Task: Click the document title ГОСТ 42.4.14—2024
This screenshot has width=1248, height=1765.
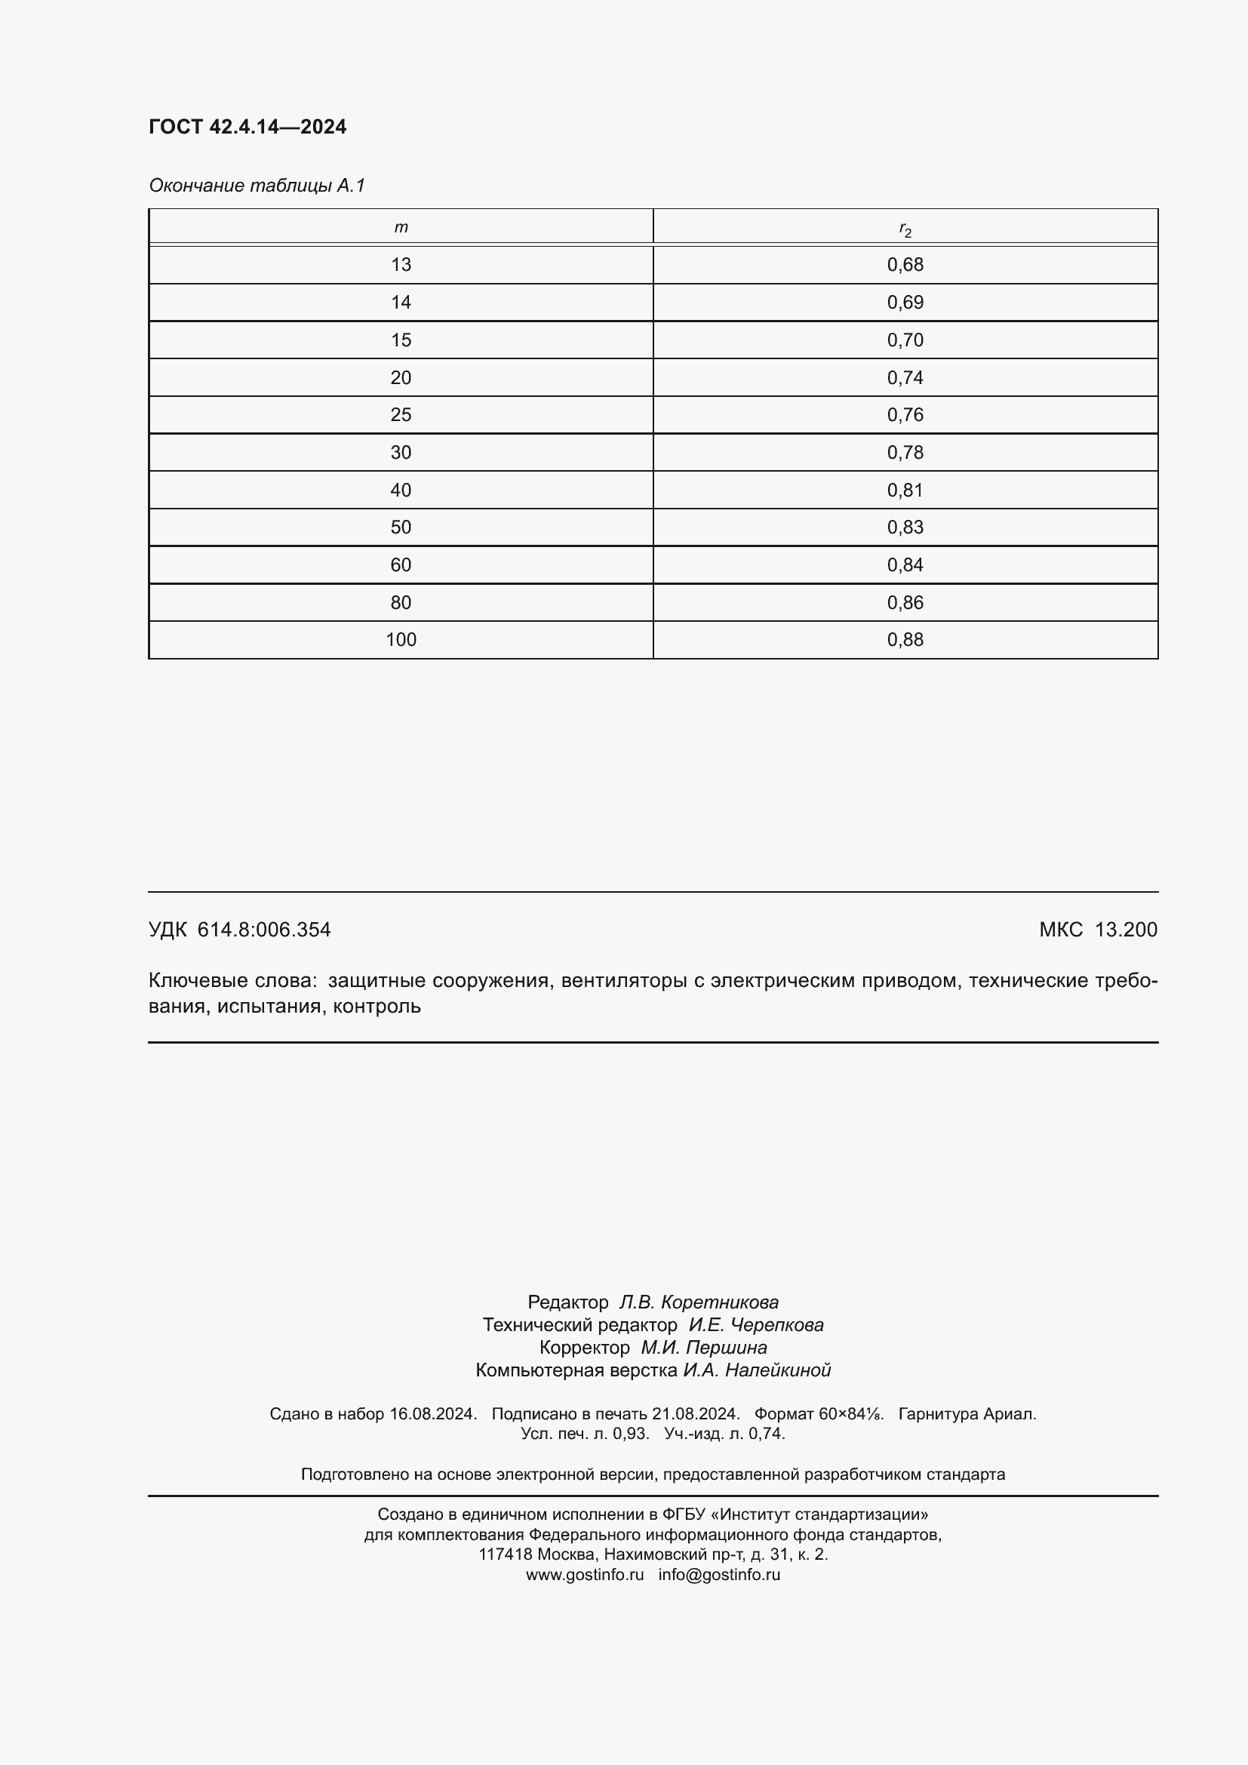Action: pyautogui.click(x=247, y=127)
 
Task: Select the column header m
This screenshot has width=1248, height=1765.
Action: pyautogui.click(x=401, y=228)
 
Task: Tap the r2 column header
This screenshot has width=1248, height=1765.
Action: pyautogui.click(x=905, y=229)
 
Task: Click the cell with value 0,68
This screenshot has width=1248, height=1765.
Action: pyautogui.click(x=905, y=264)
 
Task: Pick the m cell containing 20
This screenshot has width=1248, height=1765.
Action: pyautogui.click(x=401, y=377)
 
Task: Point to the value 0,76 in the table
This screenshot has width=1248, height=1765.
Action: pyautogui.click(x=905, y=415)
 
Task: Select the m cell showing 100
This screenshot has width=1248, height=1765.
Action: pyautogui.click(x=401, y=640)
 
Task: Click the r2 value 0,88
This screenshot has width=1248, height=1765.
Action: pyautogui.click(x=905, y=640)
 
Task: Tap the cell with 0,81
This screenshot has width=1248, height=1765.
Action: pyautogui.click(x=905, y=490)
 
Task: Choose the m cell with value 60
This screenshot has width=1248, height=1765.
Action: pyautogui.click(x=401, y=565)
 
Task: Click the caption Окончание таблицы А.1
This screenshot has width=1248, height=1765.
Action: pyautogui.click(x=257, y=186)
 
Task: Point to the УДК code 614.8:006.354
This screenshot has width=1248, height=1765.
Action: pyautogui.click(x=263, y=930)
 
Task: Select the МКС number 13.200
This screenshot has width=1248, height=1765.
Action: pyautogui.click(x=1125, y=930)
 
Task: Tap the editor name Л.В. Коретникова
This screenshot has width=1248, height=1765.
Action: pyautogui.click(x=699, y=1302)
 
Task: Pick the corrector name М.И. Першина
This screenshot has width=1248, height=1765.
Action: pyautogui.click(x=703, y=1348)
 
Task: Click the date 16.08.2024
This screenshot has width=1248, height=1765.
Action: pyautogui.click(x=432, y=1413)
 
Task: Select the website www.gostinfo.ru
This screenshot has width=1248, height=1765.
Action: pyautogui.click(x=584, y=1574)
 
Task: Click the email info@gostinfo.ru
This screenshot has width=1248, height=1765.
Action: pyautogui.click(x=718, y=1574)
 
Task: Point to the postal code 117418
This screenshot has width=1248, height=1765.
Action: pyautogui.click(x=506, y=1554)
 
